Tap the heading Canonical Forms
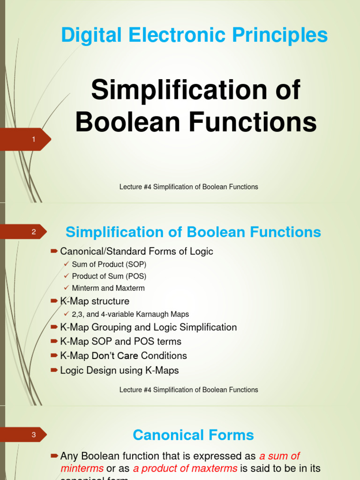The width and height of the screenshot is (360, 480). click(193, 435)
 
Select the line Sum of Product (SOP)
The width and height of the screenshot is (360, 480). click(109, 264)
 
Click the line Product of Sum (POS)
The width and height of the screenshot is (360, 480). click(109, 276)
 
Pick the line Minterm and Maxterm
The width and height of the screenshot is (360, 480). click(108, 288)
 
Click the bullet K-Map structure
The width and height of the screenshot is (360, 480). click(95, 301)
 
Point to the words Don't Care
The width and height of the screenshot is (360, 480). click(115, 356)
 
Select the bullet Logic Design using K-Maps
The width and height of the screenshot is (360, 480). click(120, 370)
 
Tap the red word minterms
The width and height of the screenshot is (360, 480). click(82, 468)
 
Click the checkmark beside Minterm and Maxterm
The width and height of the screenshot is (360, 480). click(67, 287)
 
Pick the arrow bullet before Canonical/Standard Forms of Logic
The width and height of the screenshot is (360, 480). click(54, 251)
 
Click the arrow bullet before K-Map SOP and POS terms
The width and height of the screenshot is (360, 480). click(54, 341)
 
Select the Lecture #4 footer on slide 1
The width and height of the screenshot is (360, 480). click(189, 187)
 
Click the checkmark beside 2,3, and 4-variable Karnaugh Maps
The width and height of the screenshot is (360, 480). click(67, 314)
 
